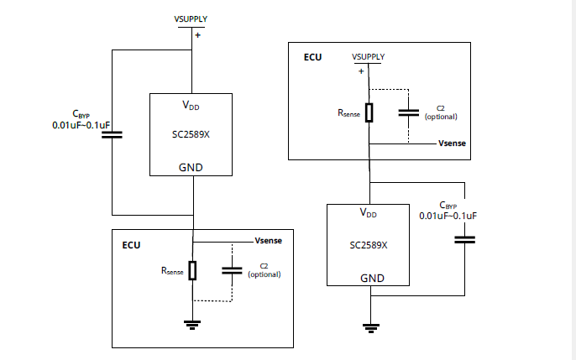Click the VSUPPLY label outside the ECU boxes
pyautogui.click(x=191, y=19)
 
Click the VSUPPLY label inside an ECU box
pyautogui.click(x=368, y=57)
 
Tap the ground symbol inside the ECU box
pyautogui.click(x=192, y=325)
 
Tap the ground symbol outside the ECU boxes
pyautogui.click(x=370, y=328)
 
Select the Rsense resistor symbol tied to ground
pyautogui.click(x=192, y=270)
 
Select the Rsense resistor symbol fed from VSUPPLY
pyautogui.click(x=369, y=112)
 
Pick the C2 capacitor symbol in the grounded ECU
pyautogui.click(x=232, y=271)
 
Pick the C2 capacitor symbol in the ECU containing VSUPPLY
pyautogui.click(x=408, y=112)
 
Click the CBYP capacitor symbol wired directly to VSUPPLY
pyautogui.click(x=112, y=134)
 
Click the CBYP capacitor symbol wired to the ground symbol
pyautogui.click(x=464, y=240)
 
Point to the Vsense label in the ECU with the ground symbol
pyautogui.click(x=269, y=241)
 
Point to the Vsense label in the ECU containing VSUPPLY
pyautogui.click(x=453, y=143)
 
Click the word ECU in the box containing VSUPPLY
pyautogui.click(x=312, y=57)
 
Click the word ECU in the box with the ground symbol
pyautogui.click(x=131, y=245)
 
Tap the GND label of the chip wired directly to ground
pyautogui.click(x=372, y=278)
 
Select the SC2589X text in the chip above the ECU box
pyautogui.click(x=191, y=134)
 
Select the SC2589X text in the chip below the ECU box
pyautogui.click(x=368, y=245)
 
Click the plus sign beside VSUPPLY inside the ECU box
pyautogui.click(x=361, y=71)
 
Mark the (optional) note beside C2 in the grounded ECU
pyautogui.click(x=264, y=274)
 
